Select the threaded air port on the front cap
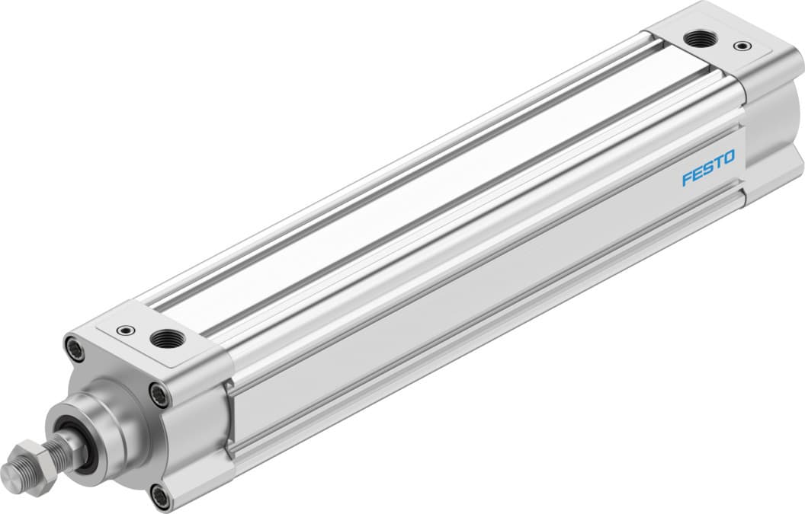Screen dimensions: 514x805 pyautogui.click(x=163, y=338)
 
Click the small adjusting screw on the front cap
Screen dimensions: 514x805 pyautogui.click(x=122, y=330)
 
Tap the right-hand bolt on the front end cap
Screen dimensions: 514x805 pyautogui.click(x=159, y=394)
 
